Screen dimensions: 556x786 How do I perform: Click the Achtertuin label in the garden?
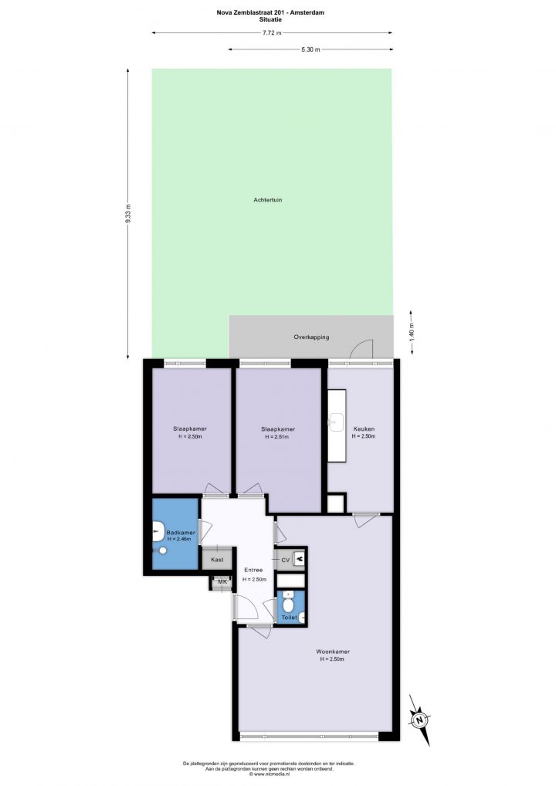tap(268, 200)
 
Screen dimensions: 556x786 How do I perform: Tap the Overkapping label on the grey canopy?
tap(311, 337)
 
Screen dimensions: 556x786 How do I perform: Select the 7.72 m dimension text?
tap(272, 33)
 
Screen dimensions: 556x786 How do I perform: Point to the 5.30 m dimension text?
tap(310, 49)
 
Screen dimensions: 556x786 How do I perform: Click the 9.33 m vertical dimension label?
tap(128, 214)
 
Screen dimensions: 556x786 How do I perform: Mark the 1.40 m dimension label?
tap(412, 331)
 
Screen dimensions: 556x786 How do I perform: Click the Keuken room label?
tap(364, 429)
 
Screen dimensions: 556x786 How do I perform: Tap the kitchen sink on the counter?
tap(337, 421)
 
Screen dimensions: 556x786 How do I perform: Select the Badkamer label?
tap(181, 532)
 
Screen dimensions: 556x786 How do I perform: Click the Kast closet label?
tap(217, 560)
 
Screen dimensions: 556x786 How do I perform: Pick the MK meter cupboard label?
tap(222, 582)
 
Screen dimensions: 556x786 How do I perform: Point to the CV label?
tap(285, 561)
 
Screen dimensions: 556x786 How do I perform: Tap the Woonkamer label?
tap(332, 652)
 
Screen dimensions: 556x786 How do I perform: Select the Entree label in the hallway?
tap(253, 570)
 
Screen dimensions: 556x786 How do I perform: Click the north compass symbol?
tap(419, 720)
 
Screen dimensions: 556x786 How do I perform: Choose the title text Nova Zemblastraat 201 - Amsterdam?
tap(270, 12)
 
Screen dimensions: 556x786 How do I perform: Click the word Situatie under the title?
tap(270, 19)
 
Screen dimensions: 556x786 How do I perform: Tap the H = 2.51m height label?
tap(276, 437)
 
